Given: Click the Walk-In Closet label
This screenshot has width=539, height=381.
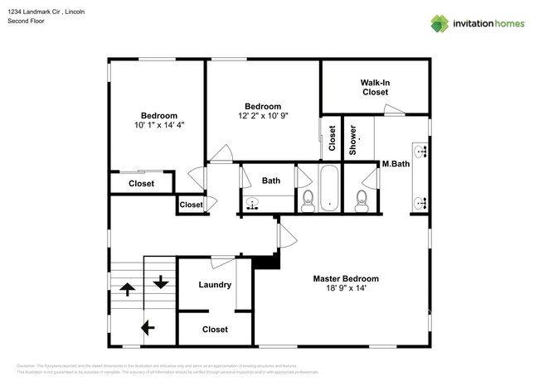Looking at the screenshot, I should click(375, 88).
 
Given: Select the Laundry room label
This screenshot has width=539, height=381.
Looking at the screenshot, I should click(215, 285).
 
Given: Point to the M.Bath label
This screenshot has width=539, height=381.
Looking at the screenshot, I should click(395, 164).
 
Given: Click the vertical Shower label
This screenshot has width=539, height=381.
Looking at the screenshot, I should click(352, 140).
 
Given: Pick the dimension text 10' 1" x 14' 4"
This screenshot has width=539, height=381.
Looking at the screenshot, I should click(158, 125).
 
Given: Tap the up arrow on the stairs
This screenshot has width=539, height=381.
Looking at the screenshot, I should click(129, 289).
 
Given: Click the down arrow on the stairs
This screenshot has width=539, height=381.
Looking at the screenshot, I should click(160, 282).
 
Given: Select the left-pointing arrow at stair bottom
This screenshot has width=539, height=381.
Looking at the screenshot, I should click(148, 328).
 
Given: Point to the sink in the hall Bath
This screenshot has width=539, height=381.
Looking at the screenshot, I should click(253, 201).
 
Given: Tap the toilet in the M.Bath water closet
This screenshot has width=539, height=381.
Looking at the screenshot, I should click(361, 199).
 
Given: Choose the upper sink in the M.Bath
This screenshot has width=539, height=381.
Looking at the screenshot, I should click(422, 151).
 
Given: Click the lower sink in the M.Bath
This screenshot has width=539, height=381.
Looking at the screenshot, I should click(422, 201).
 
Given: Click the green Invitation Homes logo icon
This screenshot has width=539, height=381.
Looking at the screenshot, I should click(439, 23).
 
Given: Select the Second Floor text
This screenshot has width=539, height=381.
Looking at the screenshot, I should click(25, 21).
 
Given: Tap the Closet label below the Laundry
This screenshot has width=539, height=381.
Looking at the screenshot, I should click(215, 330).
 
